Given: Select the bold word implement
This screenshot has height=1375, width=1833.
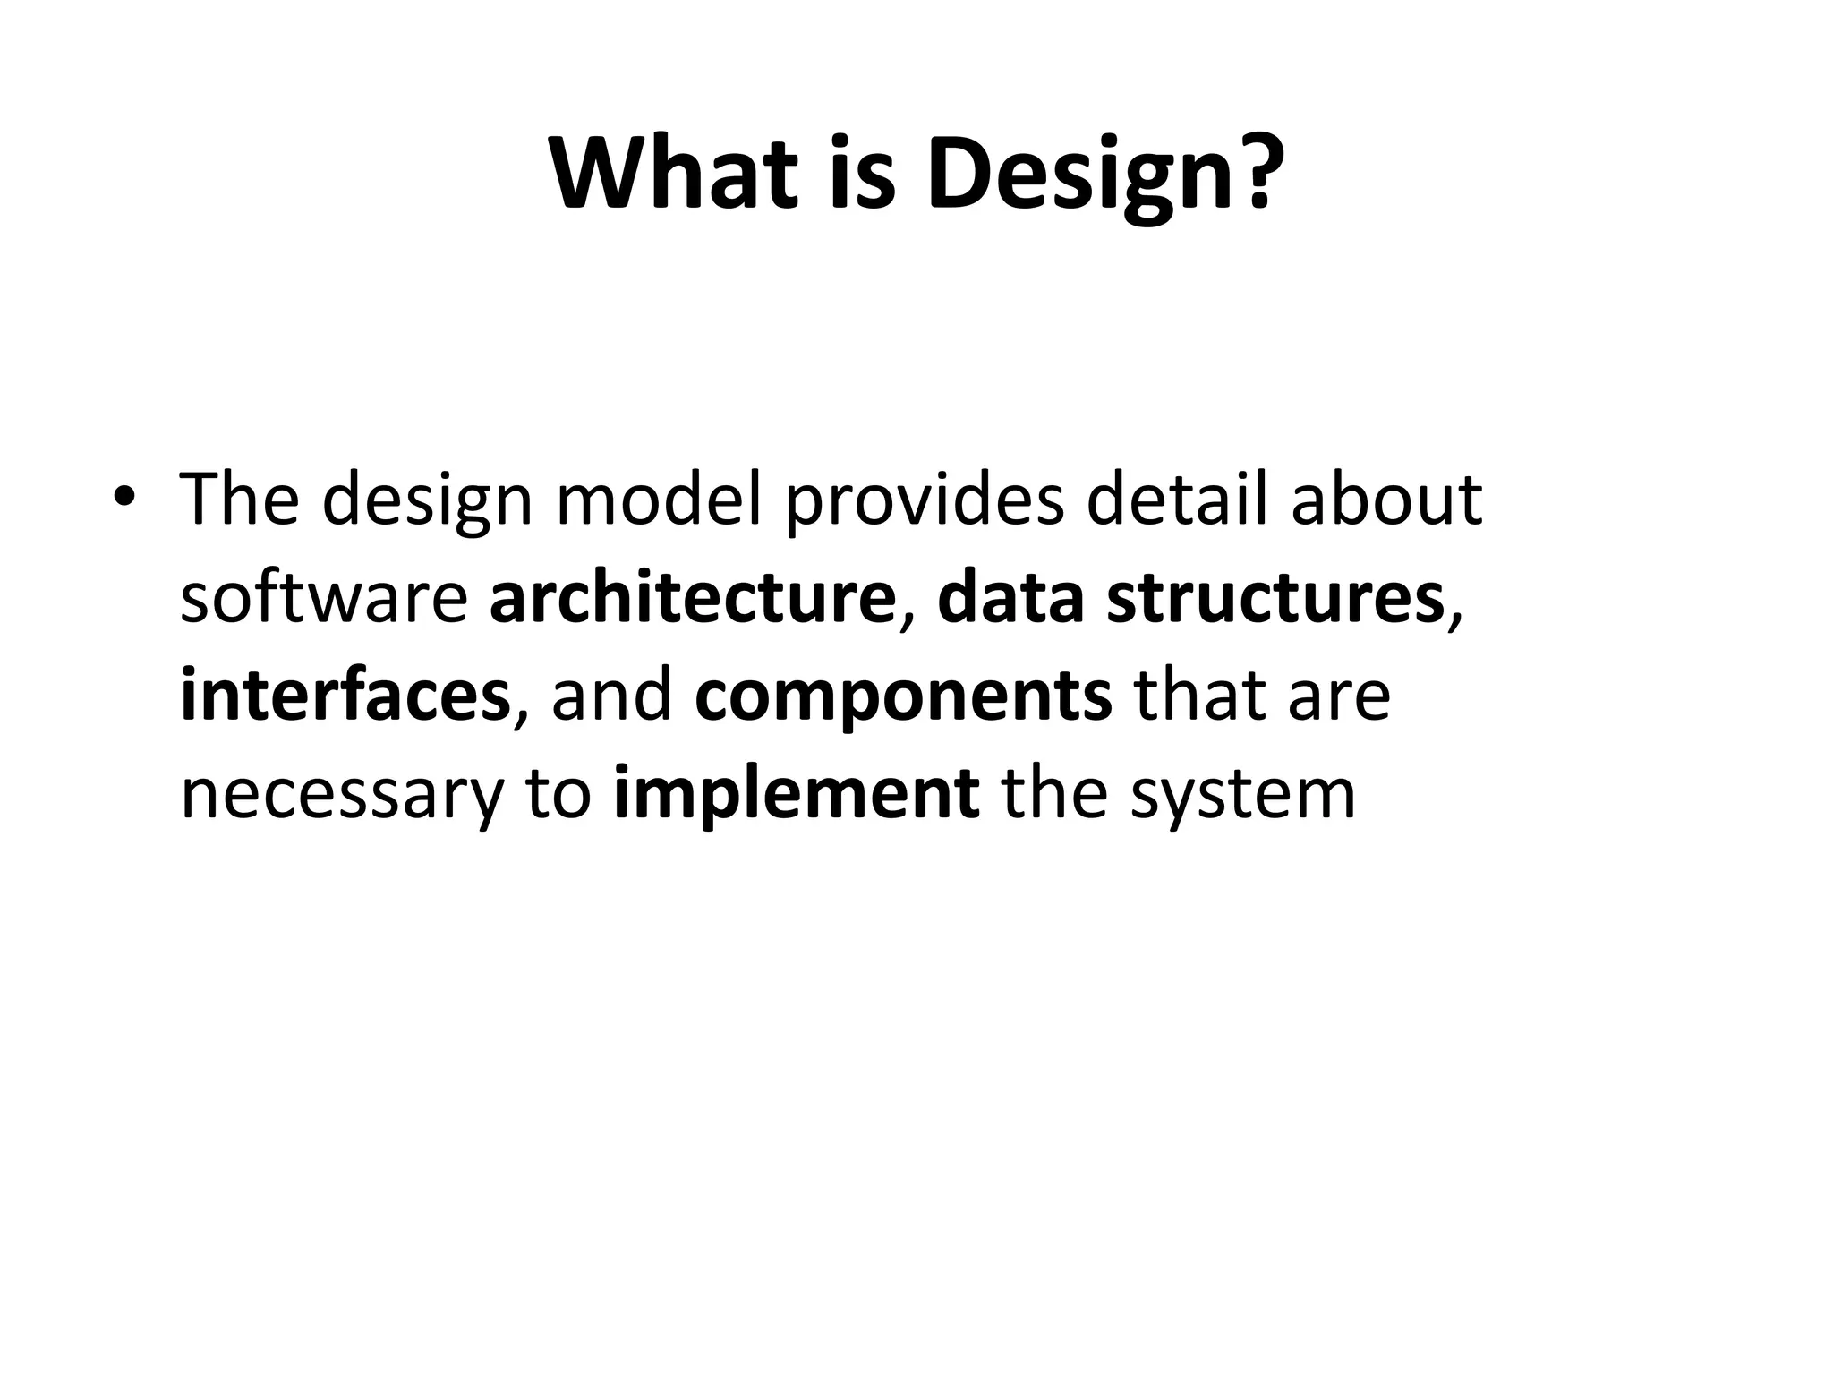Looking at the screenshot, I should click(x=796, y=795).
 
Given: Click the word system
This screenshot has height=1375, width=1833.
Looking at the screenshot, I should click(x=1242, y=795).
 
